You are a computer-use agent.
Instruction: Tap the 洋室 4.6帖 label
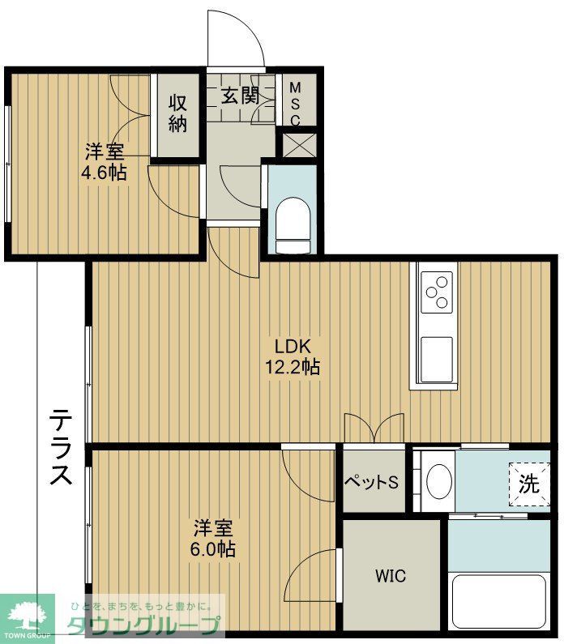pos(105,161)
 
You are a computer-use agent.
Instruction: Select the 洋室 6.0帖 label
pos(214,539)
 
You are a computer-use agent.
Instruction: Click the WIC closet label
pos(391,576)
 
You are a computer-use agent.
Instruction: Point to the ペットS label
pos(372,482)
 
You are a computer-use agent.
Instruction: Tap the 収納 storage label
pos(178,113)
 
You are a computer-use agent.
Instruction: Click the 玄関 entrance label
pos(240,95)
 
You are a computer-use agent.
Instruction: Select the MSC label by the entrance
pos(295,103)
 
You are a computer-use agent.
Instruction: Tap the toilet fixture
pos(291,224)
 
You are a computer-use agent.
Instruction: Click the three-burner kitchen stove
pos(437,293)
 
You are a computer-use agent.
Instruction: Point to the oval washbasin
pos(438,482)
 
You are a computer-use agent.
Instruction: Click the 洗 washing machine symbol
pos(528,484)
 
